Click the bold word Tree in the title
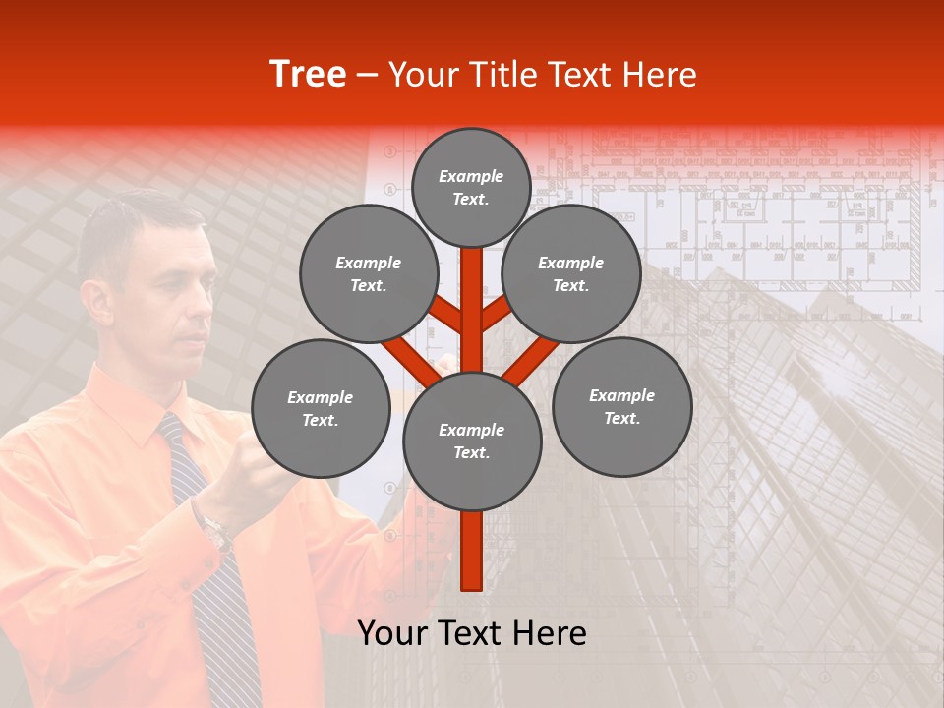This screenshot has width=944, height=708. tap(308, 75)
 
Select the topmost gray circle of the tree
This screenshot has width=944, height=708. tap(471, 187)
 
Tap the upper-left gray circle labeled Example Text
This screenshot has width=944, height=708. tap(368, 273)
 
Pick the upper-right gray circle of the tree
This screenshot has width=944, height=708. tap(570, 273)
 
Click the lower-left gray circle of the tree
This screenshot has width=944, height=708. tap(321, 408)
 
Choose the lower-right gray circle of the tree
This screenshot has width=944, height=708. tap(621, 406)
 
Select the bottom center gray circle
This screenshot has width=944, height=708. tap(472, 441)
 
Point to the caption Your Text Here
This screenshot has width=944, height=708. tap(471, 633)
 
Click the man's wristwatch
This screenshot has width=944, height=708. tap(213, 531)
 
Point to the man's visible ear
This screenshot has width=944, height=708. tap(95, 299)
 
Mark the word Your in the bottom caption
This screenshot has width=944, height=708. tap(391, 633)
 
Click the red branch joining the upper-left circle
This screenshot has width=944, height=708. tap(445, 314)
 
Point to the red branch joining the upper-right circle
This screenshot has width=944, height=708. tap(496, 314)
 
